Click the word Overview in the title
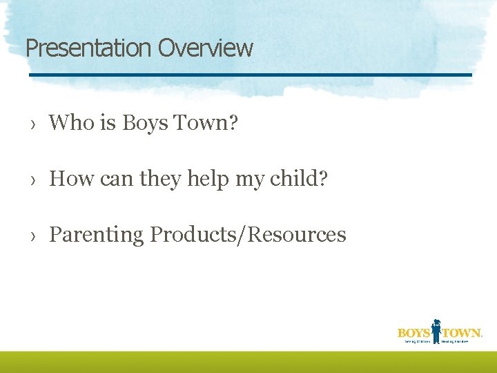(205, 48)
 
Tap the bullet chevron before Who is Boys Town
(32, 124)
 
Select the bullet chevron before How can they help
(32, 180)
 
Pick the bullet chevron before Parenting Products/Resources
(32, 236)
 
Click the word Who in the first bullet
(71, 123)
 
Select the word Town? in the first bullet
(205, 123)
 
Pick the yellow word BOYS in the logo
(413, 333)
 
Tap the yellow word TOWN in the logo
(461, 333)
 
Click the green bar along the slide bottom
(248, 362)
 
